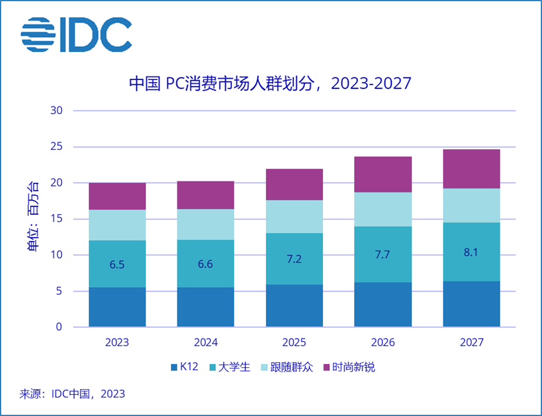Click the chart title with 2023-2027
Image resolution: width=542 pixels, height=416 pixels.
[269, 84]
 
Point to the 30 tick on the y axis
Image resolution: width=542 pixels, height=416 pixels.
[56, 111]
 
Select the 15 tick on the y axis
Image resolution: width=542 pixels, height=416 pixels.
[56, 219]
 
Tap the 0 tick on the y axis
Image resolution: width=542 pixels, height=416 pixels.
[59, 328]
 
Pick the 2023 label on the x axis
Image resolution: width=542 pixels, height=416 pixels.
[117, 342]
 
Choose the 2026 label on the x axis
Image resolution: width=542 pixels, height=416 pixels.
[382, 342]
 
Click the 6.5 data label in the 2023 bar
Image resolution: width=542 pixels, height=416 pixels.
[117, 264]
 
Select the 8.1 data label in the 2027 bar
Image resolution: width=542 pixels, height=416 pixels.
[471, 252]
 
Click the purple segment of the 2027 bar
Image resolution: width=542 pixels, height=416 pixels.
[471, 169]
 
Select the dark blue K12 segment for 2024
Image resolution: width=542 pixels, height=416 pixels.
[206, 307]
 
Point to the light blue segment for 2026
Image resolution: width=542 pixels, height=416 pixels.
[382, 209]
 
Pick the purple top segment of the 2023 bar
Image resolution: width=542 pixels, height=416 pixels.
[117, 196]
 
